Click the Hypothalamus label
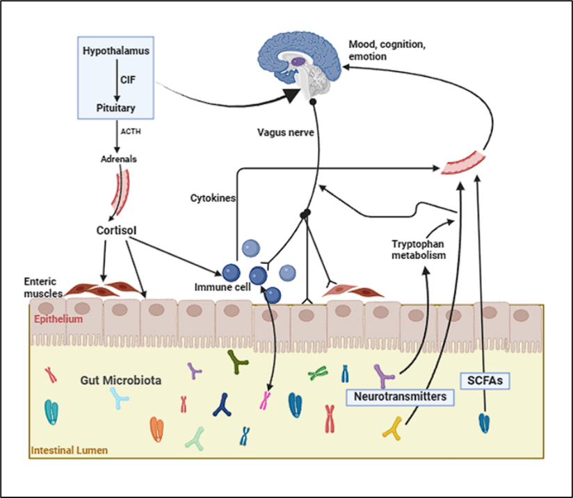tap(116, 51)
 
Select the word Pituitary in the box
tap(115, 108)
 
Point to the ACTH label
tap(130, 130)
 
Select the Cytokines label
tap(212, 198)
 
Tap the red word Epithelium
tap(60, 319)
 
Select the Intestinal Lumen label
tap(69, 451)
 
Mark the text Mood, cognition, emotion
tap(387, 50)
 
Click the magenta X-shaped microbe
tap(265, 399)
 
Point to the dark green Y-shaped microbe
tap(238, 360)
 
